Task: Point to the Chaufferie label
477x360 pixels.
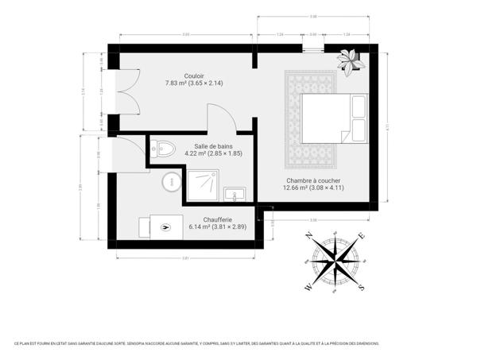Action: pos(206,219)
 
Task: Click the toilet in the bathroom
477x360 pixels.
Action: pos(165,148)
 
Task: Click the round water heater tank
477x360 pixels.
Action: pos(171,183)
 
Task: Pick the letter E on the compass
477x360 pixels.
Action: pos(362,235)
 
